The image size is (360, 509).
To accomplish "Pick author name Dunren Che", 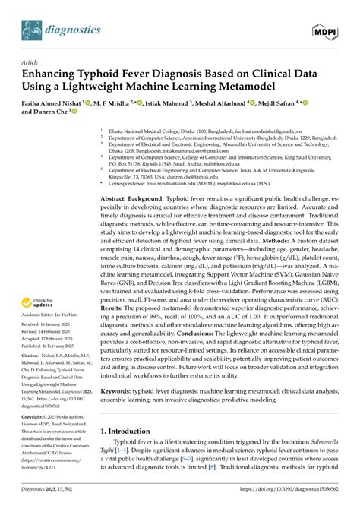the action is pyautogui.click(x=49, y=119).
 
